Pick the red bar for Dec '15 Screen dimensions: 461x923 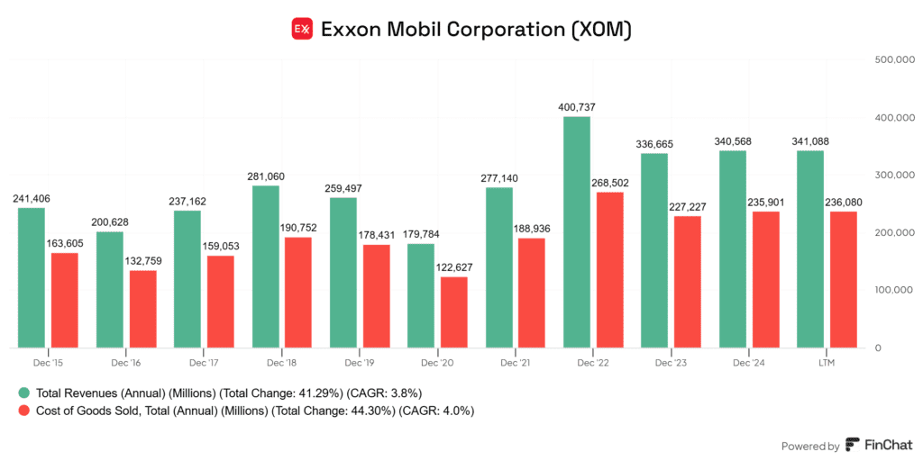(x=64, y=301)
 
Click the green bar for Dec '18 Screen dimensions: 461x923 (x=265, y=267)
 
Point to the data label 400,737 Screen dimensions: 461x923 (x=577, y=107)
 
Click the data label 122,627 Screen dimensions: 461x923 (x=453, y=267)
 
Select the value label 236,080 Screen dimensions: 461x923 (x=843, y=203)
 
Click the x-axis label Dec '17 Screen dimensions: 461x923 (x=204, y=363)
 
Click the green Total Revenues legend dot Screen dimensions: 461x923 (x=23, y=393)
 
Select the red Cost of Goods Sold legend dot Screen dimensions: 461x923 (x=23, y=411)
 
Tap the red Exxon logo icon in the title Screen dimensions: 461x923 (x=302, y=29)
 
